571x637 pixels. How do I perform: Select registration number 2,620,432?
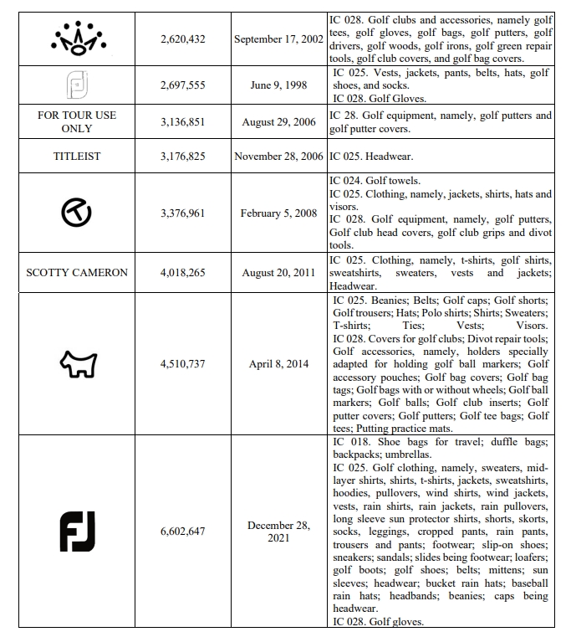pyautogui.click(x=183, y=39)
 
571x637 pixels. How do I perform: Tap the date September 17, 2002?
pyautogui.click(x=278, y=39)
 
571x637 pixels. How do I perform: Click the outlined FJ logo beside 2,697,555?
pyautogui.click(x=77, y=85)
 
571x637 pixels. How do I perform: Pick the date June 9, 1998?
pyautogui.click(x=278, y=85)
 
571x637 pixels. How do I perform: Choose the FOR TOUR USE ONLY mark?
pyautogui.click(x=77, y=121)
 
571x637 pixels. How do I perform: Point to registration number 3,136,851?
pyautogui.click(x=183, y=122)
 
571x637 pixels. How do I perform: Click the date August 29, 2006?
pyautogui.click(x=278, y=122)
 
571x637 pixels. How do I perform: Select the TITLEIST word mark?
pyautogui.click(x=77, y=156)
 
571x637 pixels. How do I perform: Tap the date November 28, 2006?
pyautogui.click(x=278, y=156)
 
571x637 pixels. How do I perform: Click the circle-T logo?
pyautogui.click(x=77, y=213)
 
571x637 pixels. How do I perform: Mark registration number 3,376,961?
pyautogui.click(x=183, y=213)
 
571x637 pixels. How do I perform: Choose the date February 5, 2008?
pyautogui.click(x=278, y=213)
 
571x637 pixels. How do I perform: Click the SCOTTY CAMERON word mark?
pyautogui.click(x=77, y=273)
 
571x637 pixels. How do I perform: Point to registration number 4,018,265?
pyautogui.click(x=183, y=273)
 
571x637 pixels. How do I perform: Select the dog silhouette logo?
pyautogui.click(x=78, y=363)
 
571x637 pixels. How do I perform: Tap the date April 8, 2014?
pyautogui.click(x=278, y=364)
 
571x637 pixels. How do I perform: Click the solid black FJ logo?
pyautogui.click(x=77, y=532)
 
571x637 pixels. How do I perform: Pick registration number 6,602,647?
pyautogui.click(x=183, y=532)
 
